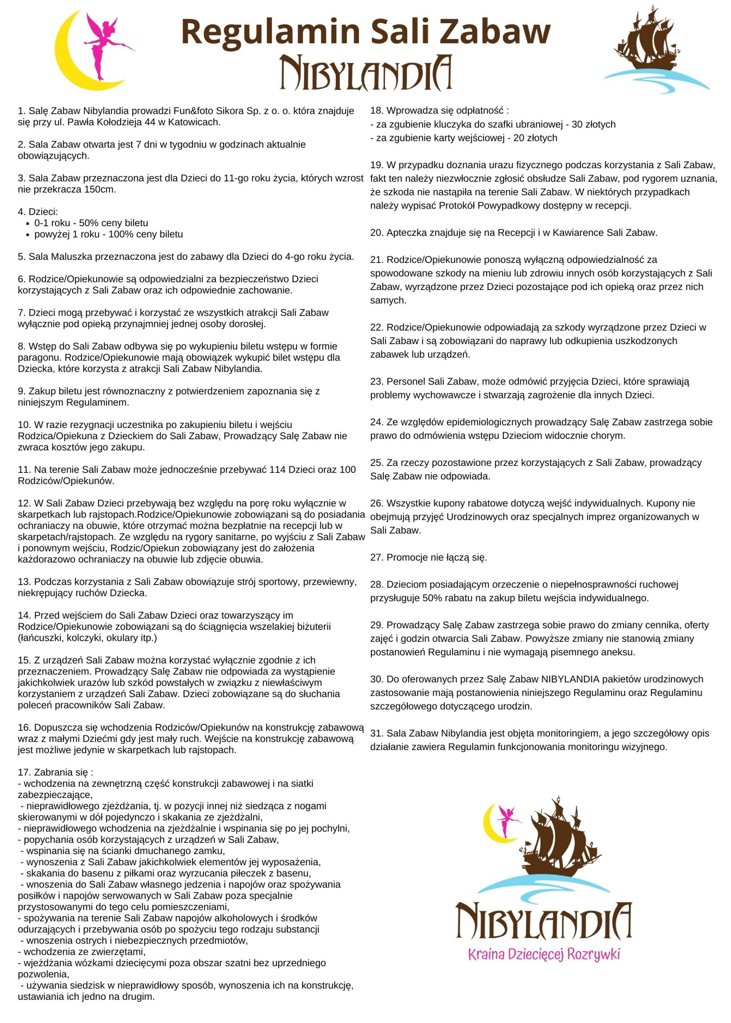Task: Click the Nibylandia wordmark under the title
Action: (x=365, y=73)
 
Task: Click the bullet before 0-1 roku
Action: (x=28, y=223)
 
